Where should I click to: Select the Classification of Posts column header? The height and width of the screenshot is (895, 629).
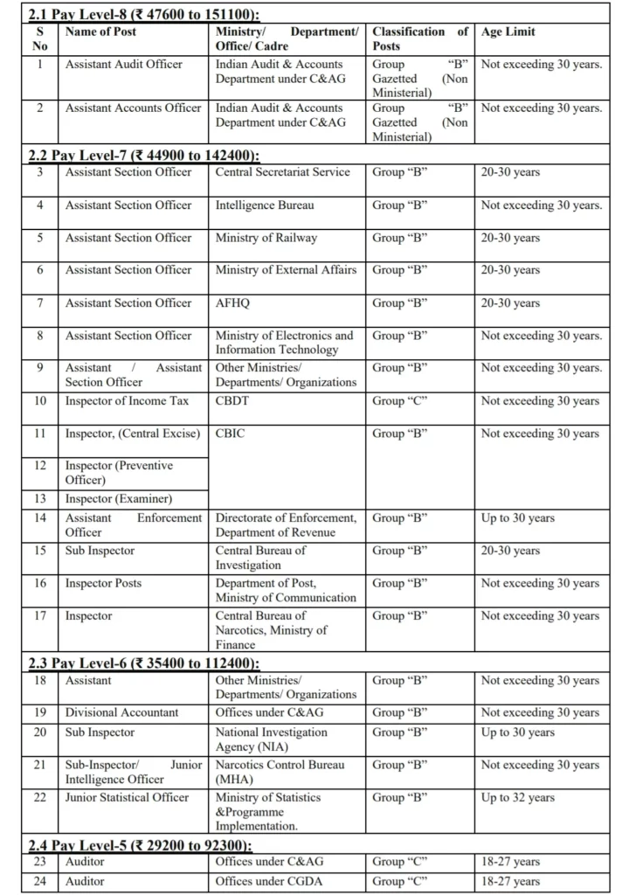point(420,38)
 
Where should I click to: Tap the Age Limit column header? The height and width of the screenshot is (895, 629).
point(508,31)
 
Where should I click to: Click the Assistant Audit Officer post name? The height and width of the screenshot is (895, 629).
point(124,65)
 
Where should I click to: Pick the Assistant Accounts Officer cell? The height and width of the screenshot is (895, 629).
point(133,108)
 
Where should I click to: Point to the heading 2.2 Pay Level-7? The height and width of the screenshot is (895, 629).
point(144,155)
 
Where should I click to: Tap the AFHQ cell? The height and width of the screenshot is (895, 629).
point(233,303)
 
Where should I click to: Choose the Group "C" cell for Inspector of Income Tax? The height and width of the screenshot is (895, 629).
point(399,401)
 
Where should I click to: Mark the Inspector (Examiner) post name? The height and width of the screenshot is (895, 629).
point(118,499)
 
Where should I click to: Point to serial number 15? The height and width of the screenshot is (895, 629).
point(41,551)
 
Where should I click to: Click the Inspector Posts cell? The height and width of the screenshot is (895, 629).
point(103,584)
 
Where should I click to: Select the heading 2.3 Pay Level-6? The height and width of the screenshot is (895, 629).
point(145,663)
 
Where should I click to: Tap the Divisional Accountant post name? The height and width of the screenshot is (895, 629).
point(121,712)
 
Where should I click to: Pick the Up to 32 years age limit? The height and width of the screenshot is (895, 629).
point(517,797)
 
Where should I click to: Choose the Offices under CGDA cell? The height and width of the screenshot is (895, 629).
point(268,882)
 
